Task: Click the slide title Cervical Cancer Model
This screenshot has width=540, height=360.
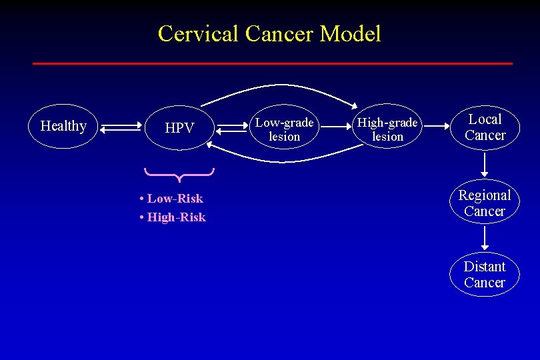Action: coord(269,33)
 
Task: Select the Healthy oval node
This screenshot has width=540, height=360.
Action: coord(63,126)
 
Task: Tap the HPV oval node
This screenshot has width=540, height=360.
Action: coord(179,127)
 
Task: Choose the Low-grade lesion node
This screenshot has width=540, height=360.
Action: coord(285,129)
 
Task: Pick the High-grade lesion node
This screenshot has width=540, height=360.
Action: coord(387,129)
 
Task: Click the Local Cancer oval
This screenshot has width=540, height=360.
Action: coord(485,127)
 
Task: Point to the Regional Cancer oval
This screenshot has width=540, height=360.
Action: coord(485,203)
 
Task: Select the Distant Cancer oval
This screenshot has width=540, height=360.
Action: coord(485,274)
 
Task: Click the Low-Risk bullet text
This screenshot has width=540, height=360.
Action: coord(171,199)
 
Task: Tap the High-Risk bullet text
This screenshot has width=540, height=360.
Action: coord(173,217)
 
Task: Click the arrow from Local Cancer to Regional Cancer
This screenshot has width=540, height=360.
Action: coord(485,163)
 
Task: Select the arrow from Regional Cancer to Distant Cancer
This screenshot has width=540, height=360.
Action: coord(485,237)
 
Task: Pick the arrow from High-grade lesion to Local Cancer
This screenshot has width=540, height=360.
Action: coord(434,125)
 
